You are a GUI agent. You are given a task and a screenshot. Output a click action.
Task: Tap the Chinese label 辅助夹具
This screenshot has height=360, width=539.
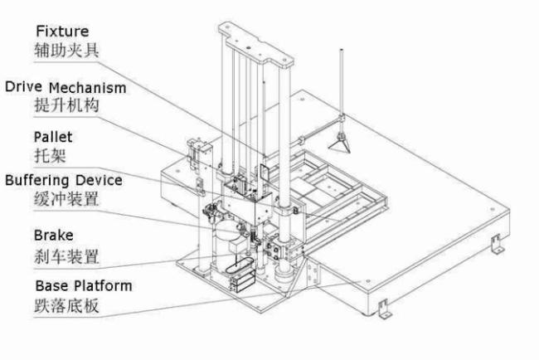[66, 51]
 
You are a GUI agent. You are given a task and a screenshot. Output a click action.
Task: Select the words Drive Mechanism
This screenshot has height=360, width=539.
[66, 86]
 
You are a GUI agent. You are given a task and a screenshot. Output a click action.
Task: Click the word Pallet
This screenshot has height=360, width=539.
[51, 135]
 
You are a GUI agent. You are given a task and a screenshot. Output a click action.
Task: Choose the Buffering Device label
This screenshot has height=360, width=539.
[64, 179]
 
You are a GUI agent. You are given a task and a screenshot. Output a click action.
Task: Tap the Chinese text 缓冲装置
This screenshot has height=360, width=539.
[66, 199]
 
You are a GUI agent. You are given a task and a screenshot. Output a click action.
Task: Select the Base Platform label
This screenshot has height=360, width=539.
[82, 286]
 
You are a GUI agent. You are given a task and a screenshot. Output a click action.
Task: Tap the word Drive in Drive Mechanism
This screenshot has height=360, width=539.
[23, 86]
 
